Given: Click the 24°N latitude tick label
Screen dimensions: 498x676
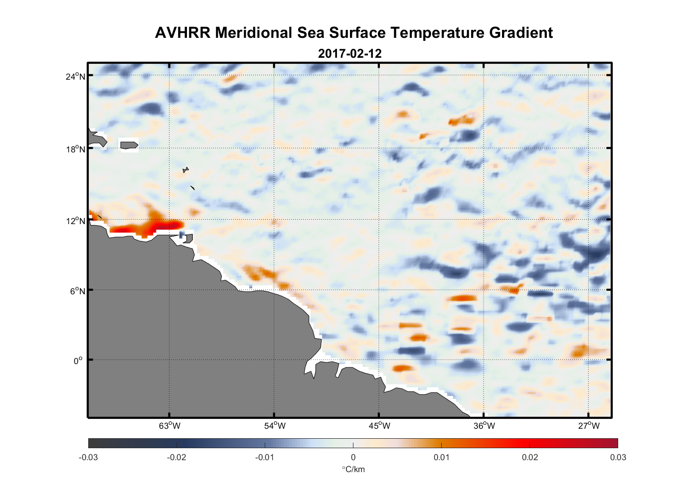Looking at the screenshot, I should [x=75, y=76].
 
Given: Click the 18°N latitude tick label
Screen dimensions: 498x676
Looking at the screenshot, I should [x=75, y=149].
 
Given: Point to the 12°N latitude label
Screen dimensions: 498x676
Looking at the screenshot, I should [x=75, y=221].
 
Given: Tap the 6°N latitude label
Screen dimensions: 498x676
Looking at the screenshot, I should [x=77, y=291].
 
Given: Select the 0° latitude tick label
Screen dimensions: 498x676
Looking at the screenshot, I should [x=78, y=361].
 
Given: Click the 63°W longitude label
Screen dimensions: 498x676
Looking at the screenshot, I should [x=169, y=426].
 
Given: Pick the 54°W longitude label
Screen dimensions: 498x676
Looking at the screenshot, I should [x=275, y=426].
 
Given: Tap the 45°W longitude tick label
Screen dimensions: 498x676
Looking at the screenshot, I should [x=379, y=426].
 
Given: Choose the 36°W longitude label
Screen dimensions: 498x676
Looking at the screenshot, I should [x=484, y=426].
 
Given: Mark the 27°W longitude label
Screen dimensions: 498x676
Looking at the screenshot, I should [x=589, y=426].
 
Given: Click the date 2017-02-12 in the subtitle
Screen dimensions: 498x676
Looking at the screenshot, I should [x=349, y=54].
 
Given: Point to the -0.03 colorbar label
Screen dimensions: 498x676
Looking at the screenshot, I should [x=88, y=457].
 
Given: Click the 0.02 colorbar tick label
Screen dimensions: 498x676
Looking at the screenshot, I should [x=530, y=457].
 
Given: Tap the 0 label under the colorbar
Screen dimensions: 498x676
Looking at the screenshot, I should [x=353, y=457].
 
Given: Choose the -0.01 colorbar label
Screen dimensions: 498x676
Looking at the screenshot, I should [x=265, y=457].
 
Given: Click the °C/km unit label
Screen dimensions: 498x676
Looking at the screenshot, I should [x=353, y=469].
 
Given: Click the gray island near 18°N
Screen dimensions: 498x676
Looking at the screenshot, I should [x=129, y=145].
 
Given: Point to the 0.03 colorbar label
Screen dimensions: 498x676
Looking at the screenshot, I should [x=618, y=457].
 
